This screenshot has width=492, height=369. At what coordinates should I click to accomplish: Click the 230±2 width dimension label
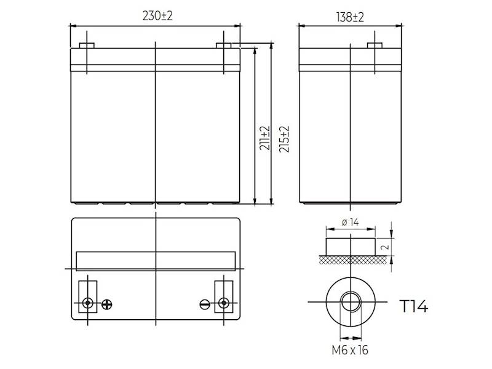(157, 16)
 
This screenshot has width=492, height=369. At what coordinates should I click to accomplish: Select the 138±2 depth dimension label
(350, 17)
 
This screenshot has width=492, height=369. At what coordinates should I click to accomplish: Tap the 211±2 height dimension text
(264, 138)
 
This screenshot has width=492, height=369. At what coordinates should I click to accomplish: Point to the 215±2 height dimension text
(284, 139)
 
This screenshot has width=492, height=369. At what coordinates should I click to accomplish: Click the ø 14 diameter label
(350, 222)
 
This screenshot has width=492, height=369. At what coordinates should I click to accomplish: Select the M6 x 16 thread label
(350, 350)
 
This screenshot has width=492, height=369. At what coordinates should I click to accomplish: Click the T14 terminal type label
(414, 306)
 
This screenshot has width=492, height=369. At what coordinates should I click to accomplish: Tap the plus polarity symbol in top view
(107, 304)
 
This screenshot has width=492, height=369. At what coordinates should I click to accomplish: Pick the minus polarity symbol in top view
(205, 304)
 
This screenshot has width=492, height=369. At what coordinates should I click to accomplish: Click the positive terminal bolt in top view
(87, 303)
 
